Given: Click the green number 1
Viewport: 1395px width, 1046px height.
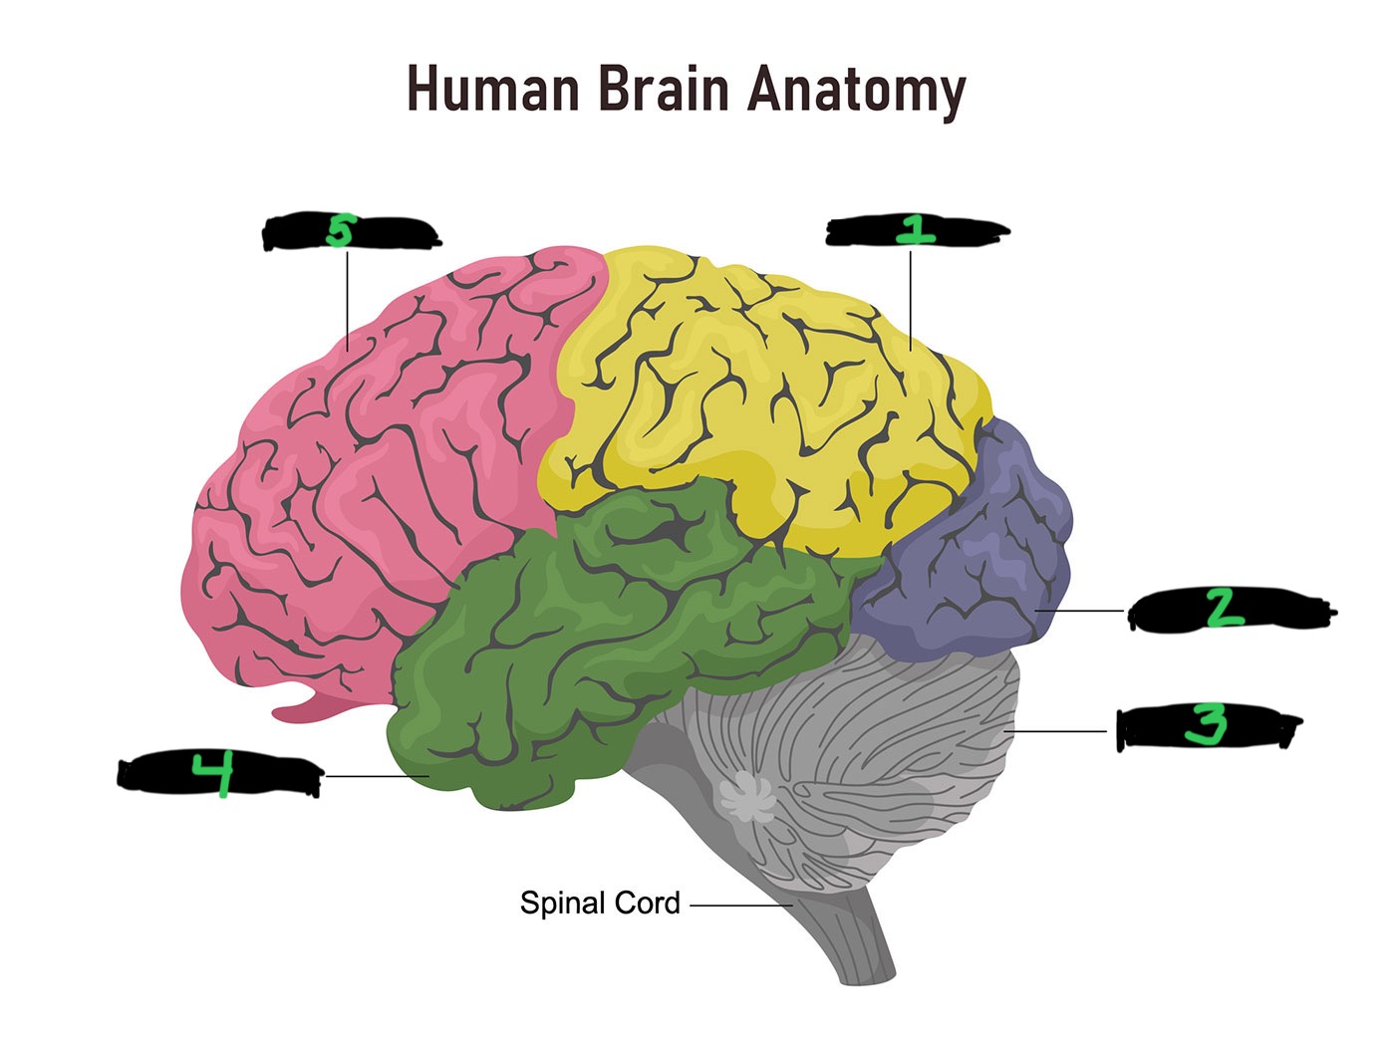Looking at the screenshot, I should tap(912, 231).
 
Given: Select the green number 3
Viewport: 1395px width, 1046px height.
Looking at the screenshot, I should tap(1205, 725).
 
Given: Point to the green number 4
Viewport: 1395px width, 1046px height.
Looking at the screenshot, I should tap(212, 776).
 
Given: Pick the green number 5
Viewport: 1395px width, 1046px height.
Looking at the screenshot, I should tap(340, 232).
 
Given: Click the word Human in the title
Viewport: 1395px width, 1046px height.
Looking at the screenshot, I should tap(492, 89).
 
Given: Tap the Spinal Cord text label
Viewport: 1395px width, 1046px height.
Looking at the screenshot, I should tap(600, 904).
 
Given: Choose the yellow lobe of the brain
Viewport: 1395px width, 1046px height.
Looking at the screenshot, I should tap(767, 398).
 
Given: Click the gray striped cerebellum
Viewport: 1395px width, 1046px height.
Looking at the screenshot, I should tap(877, 737).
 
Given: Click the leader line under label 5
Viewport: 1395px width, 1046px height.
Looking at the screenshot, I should tap(347, 299).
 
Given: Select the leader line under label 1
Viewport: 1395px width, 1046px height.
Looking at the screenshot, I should tap(911, 299).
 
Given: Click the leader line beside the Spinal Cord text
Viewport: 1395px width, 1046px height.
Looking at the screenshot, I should tap(737, 906).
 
